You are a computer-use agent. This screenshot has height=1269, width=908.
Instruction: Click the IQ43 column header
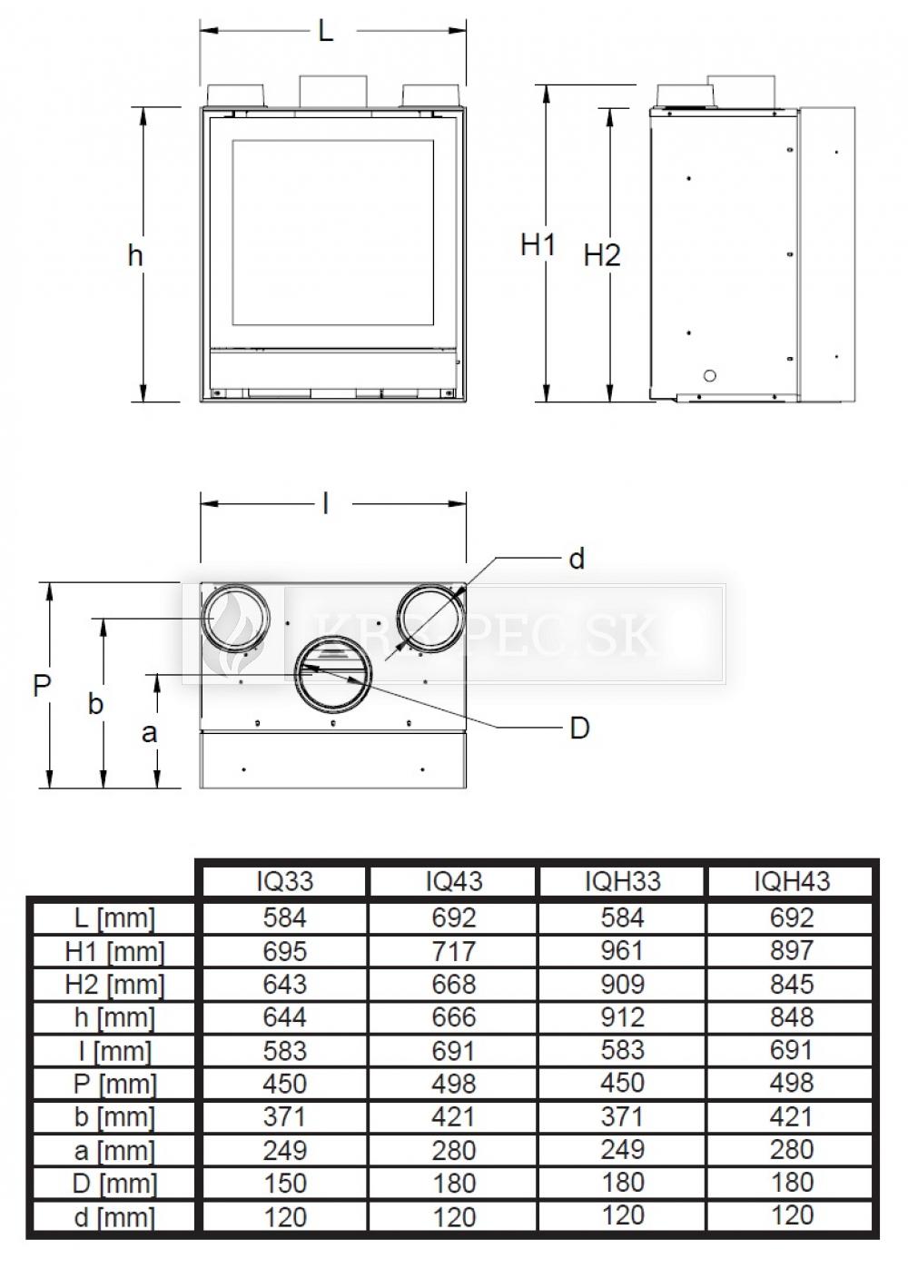[x=454, y=881]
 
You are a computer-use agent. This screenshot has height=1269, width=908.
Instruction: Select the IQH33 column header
[x=623, y=881]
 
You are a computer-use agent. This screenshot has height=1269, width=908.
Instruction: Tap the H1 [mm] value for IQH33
[x=623, y=951]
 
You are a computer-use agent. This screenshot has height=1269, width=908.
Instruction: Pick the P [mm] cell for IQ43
[x=454, y=1084]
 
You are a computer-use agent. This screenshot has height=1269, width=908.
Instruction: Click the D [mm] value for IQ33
[x=284, y=1183]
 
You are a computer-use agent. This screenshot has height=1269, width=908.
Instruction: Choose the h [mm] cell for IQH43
[x=792, y=1016]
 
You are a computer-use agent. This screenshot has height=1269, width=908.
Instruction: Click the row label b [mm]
[x=113, y=1116]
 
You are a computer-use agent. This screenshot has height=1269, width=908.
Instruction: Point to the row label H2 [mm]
[x=113, y=984]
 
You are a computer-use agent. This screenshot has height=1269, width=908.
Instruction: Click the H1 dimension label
[x=538, y=245]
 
